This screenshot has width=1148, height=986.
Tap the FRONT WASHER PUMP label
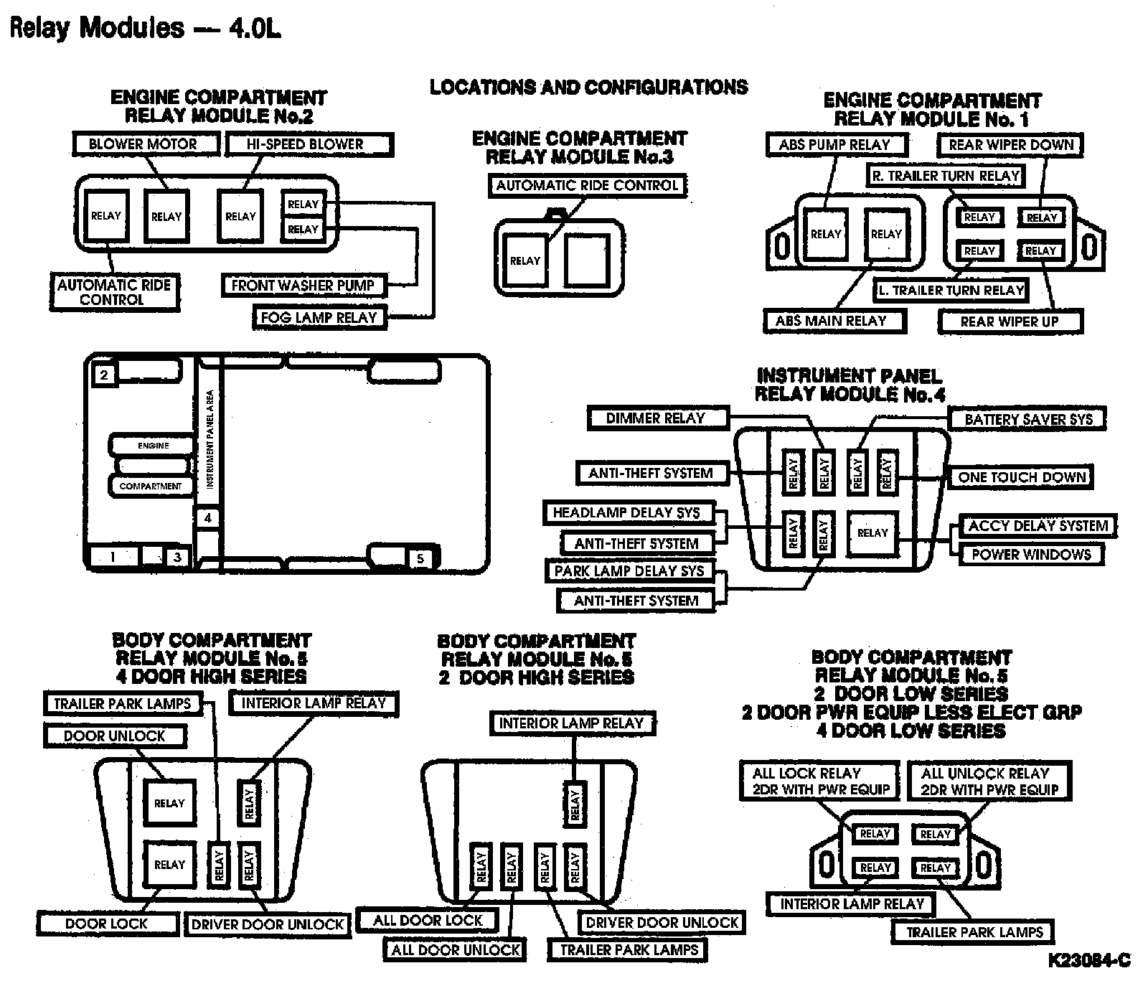click(303, 286)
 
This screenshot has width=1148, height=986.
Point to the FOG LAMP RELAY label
click(319, 317)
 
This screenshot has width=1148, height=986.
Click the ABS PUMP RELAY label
click(834, 145)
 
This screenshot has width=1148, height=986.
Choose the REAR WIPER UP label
click(1010, 321)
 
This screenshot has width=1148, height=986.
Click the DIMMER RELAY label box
click(656, 418)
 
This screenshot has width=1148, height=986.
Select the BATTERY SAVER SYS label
click(1028, 419)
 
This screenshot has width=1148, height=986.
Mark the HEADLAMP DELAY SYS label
click(626, 513)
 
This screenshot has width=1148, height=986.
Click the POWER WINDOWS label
click(1031, 555)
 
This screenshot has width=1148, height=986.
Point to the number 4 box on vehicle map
click(208, 518)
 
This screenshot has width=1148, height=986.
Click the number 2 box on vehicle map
click(105, 375)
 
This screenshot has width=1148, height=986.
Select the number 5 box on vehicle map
click(420, 558)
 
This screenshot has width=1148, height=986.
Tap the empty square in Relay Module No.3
click(587, 260)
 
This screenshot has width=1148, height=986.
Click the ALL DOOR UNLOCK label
click(456, 950)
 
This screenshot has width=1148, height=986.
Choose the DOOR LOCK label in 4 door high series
click(106, 924)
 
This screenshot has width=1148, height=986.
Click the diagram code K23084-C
click(1089, 960)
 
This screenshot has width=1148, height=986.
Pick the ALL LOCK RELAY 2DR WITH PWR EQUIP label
click(820, 781)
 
